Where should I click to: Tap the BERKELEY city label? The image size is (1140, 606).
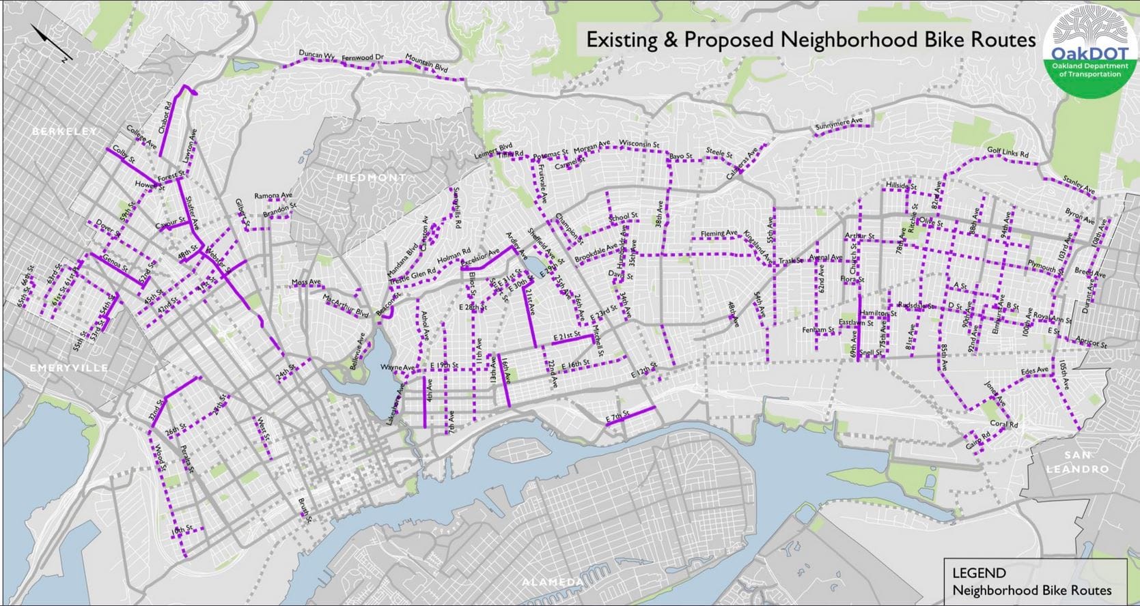click(64, 131)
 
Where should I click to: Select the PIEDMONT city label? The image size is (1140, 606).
click(371, 177)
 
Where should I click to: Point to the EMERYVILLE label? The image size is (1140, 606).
click(69, 368)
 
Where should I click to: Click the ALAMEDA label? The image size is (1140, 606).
click(552, 581)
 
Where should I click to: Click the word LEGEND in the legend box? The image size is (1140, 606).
click(979, 573)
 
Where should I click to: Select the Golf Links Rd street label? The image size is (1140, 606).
click(1007, 152)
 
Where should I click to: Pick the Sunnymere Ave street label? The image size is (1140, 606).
click(839, 125)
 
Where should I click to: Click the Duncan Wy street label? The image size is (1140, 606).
click(317, 55)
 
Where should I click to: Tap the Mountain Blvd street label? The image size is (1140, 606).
click(426, 63)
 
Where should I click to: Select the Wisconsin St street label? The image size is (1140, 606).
click(639, 144)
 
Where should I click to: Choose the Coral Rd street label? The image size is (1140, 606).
click(1003, 424)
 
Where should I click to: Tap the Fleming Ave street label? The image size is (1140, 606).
click(719, 233)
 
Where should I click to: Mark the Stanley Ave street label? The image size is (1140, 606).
click(1079, 184)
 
